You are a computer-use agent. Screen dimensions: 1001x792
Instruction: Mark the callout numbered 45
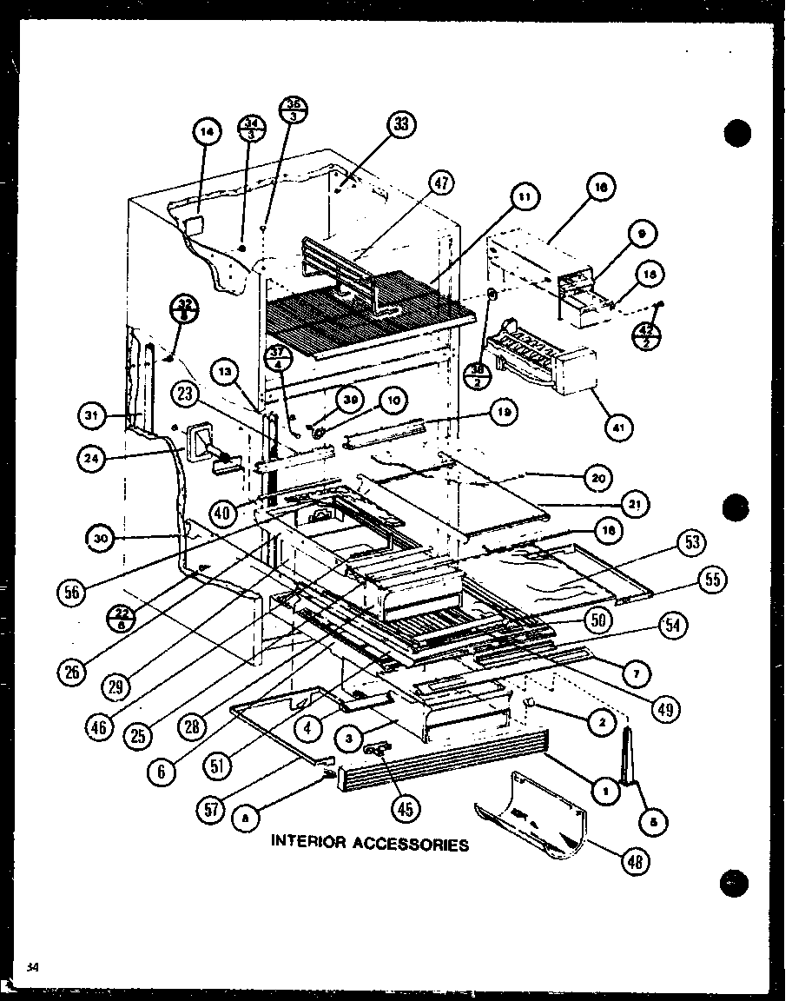tap(405, 807)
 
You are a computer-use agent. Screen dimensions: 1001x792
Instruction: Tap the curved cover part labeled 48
tap(534, 812)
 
